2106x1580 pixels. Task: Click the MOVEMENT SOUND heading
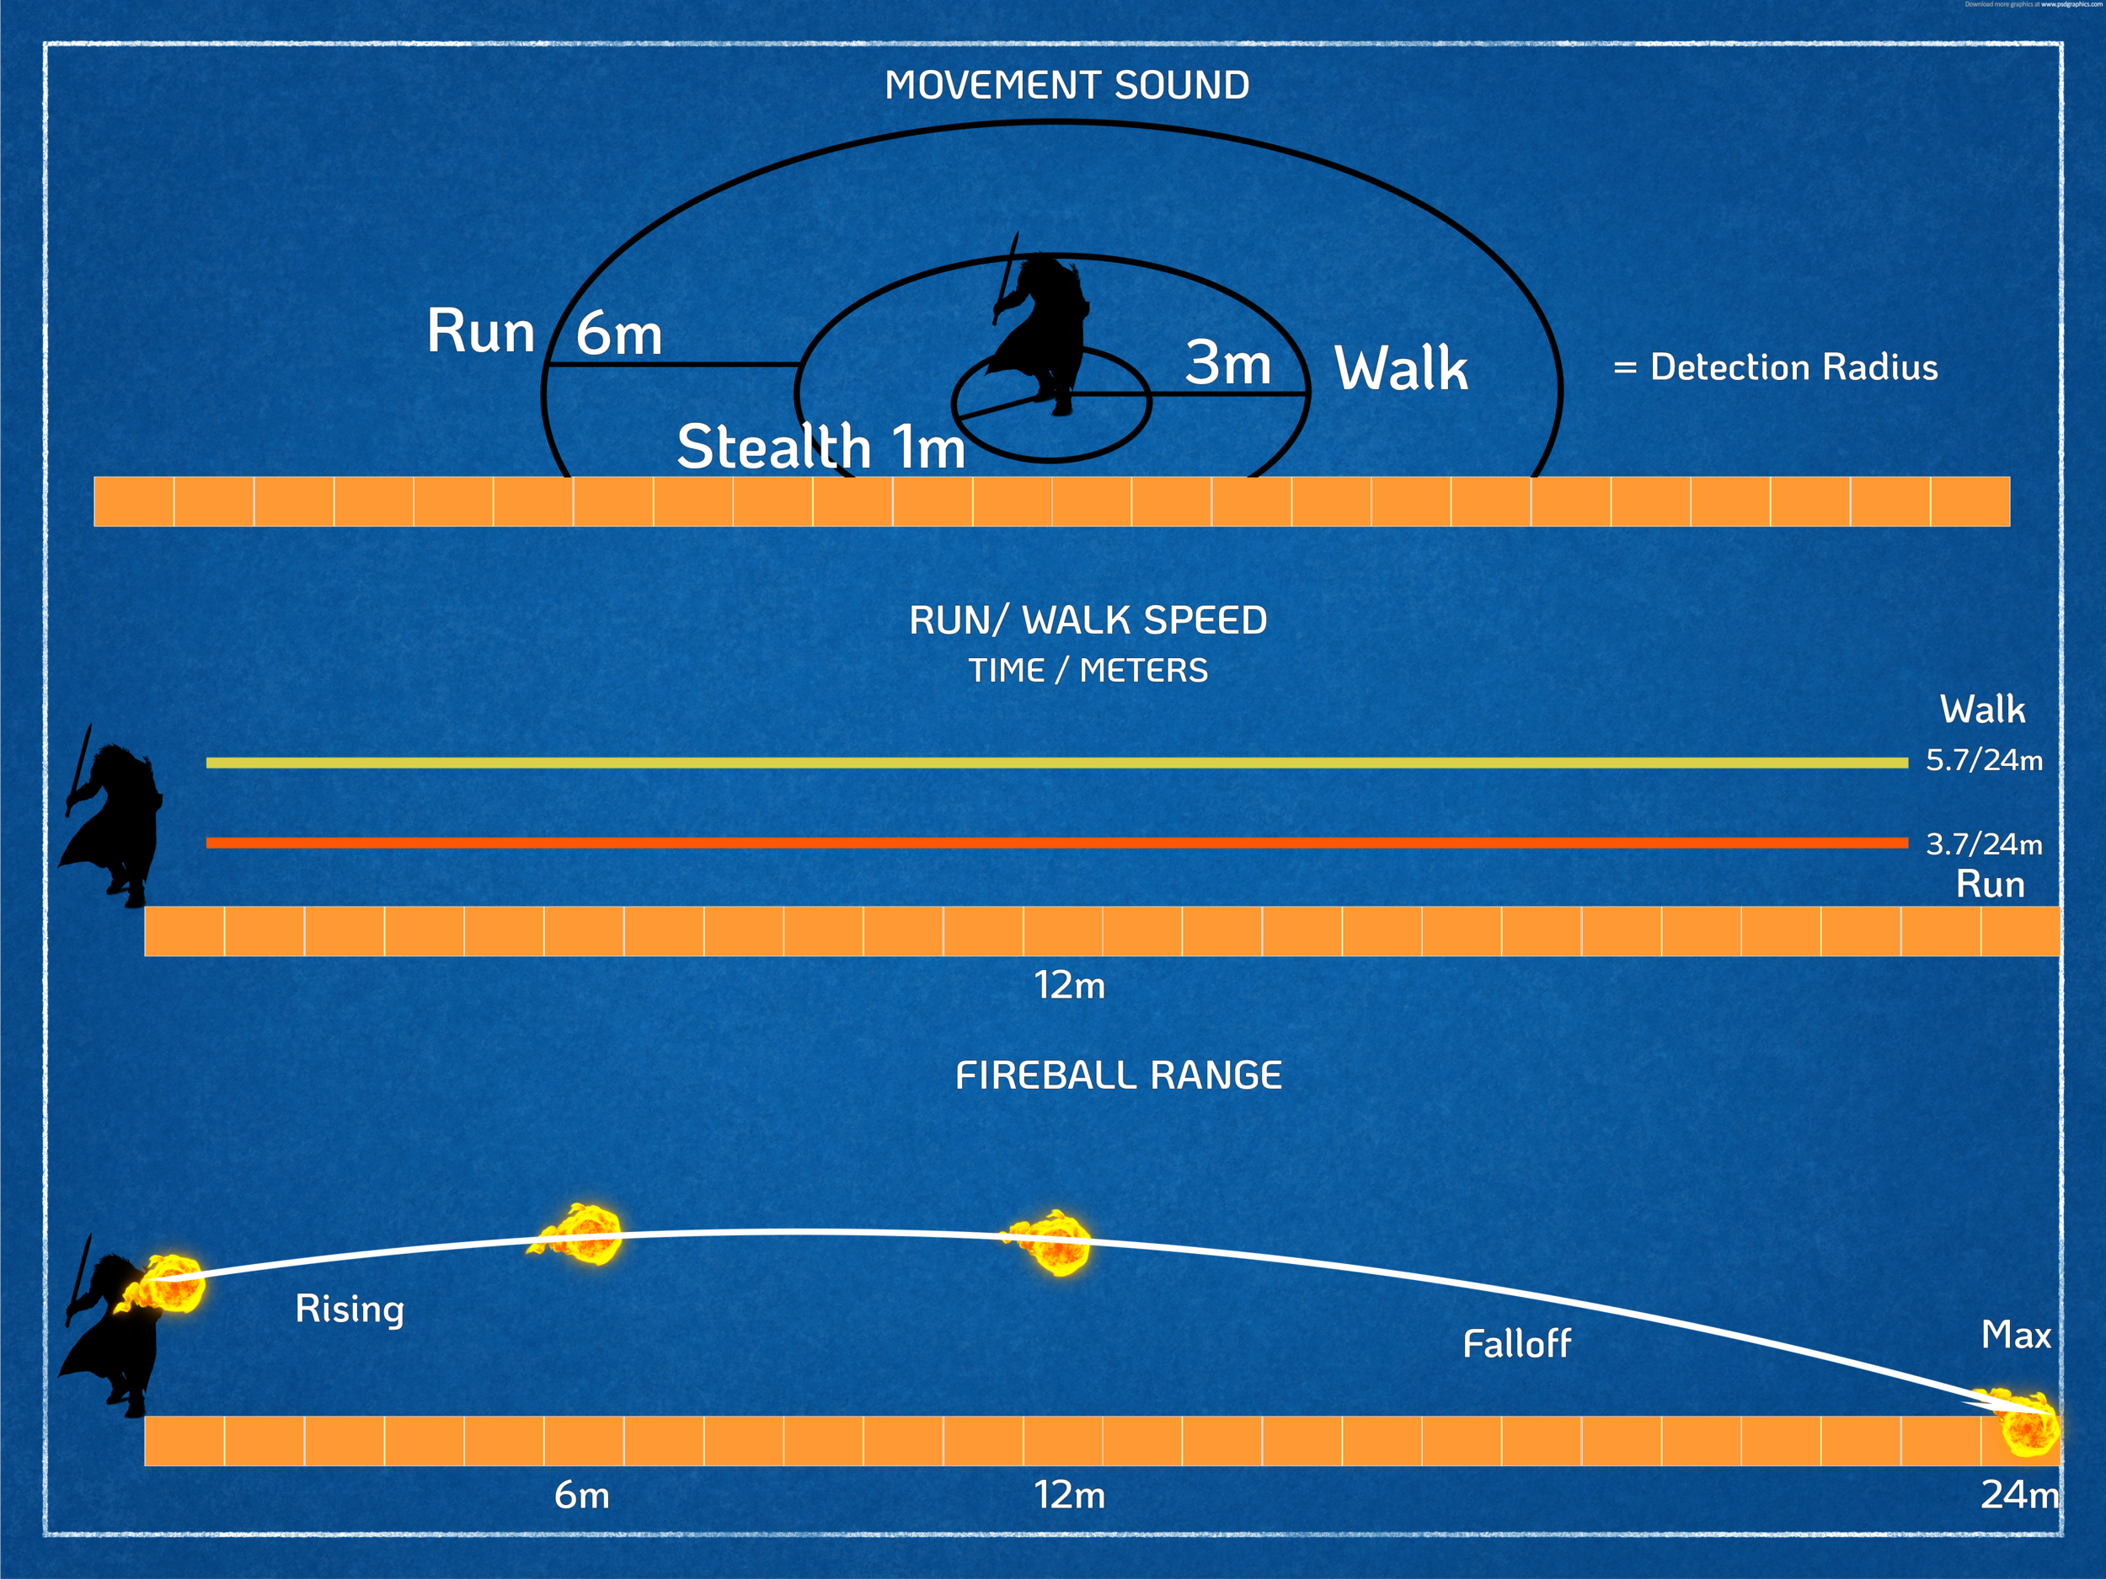1066,86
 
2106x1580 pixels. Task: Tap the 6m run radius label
619,335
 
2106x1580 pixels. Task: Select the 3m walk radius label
1228,363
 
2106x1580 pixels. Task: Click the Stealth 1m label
820,447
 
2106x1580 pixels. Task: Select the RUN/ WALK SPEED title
1088,621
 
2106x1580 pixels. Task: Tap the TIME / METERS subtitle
1088,671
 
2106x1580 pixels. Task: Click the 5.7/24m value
1983,760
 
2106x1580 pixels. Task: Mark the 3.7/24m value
1983,844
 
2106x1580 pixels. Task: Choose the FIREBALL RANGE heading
1119,1076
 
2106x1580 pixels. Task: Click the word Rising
350,1309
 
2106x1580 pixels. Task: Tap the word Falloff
1516,1344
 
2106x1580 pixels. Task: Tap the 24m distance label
2018,1495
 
